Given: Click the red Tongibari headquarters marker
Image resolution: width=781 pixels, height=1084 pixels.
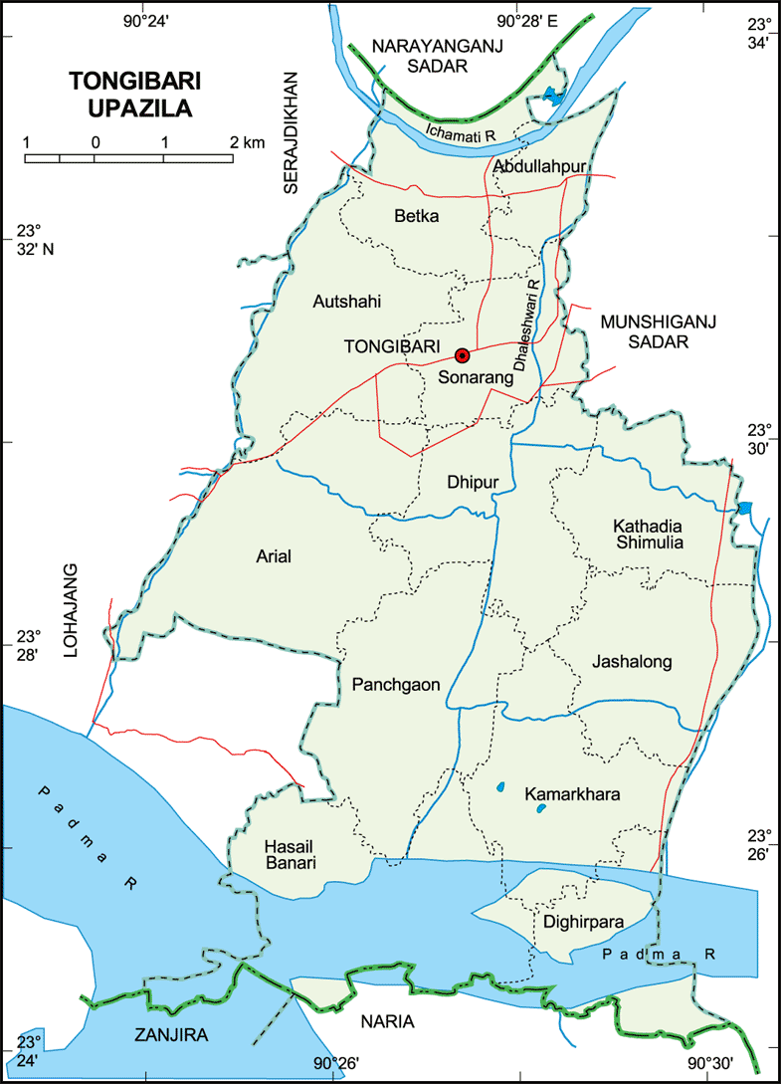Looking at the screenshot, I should [x=462, y=355].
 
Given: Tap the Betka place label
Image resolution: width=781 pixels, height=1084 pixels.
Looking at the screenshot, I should [x=416, y=214].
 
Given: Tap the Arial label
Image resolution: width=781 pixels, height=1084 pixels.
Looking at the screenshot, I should [x=274, y=556].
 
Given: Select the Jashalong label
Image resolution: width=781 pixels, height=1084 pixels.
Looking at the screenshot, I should [x=632, y=661].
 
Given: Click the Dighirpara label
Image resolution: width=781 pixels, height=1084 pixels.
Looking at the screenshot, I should [x=584, y=922].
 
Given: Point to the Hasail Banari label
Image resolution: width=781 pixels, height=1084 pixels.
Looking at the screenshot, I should [x=290, y=855].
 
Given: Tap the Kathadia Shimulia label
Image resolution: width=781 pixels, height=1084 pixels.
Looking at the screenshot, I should [x=649, y=534].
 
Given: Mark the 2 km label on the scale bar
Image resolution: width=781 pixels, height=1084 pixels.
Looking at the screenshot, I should [x=247, y=142].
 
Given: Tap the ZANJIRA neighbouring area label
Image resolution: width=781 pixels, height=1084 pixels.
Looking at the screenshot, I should [x=171, y=1035].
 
